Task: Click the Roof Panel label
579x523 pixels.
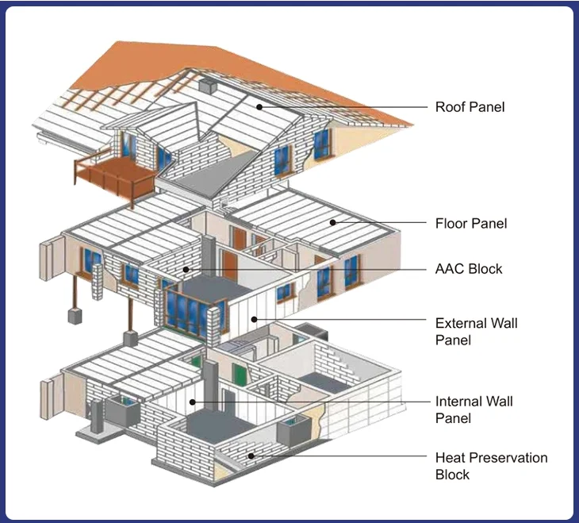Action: (x=470, y=107)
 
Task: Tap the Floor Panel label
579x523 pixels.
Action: (x=470, y=224)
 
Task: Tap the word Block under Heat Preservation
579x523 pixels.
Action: (x=452, y=475)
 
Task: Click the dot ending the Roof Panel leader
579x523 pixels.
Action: (x=259, y=106)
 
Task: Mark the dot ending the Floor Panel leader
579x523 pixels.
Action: (x=332, y=223)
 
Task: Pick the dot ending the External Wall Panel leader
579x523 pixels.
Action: (x=253, y=319)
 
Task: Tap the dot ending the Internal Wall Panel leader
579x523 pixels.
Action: (x=193, y=402)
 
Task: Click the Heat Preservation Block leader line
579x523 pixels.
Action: (x=341, y=456)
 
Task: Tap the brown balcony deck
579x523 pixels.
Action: (x=110, y=169)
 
